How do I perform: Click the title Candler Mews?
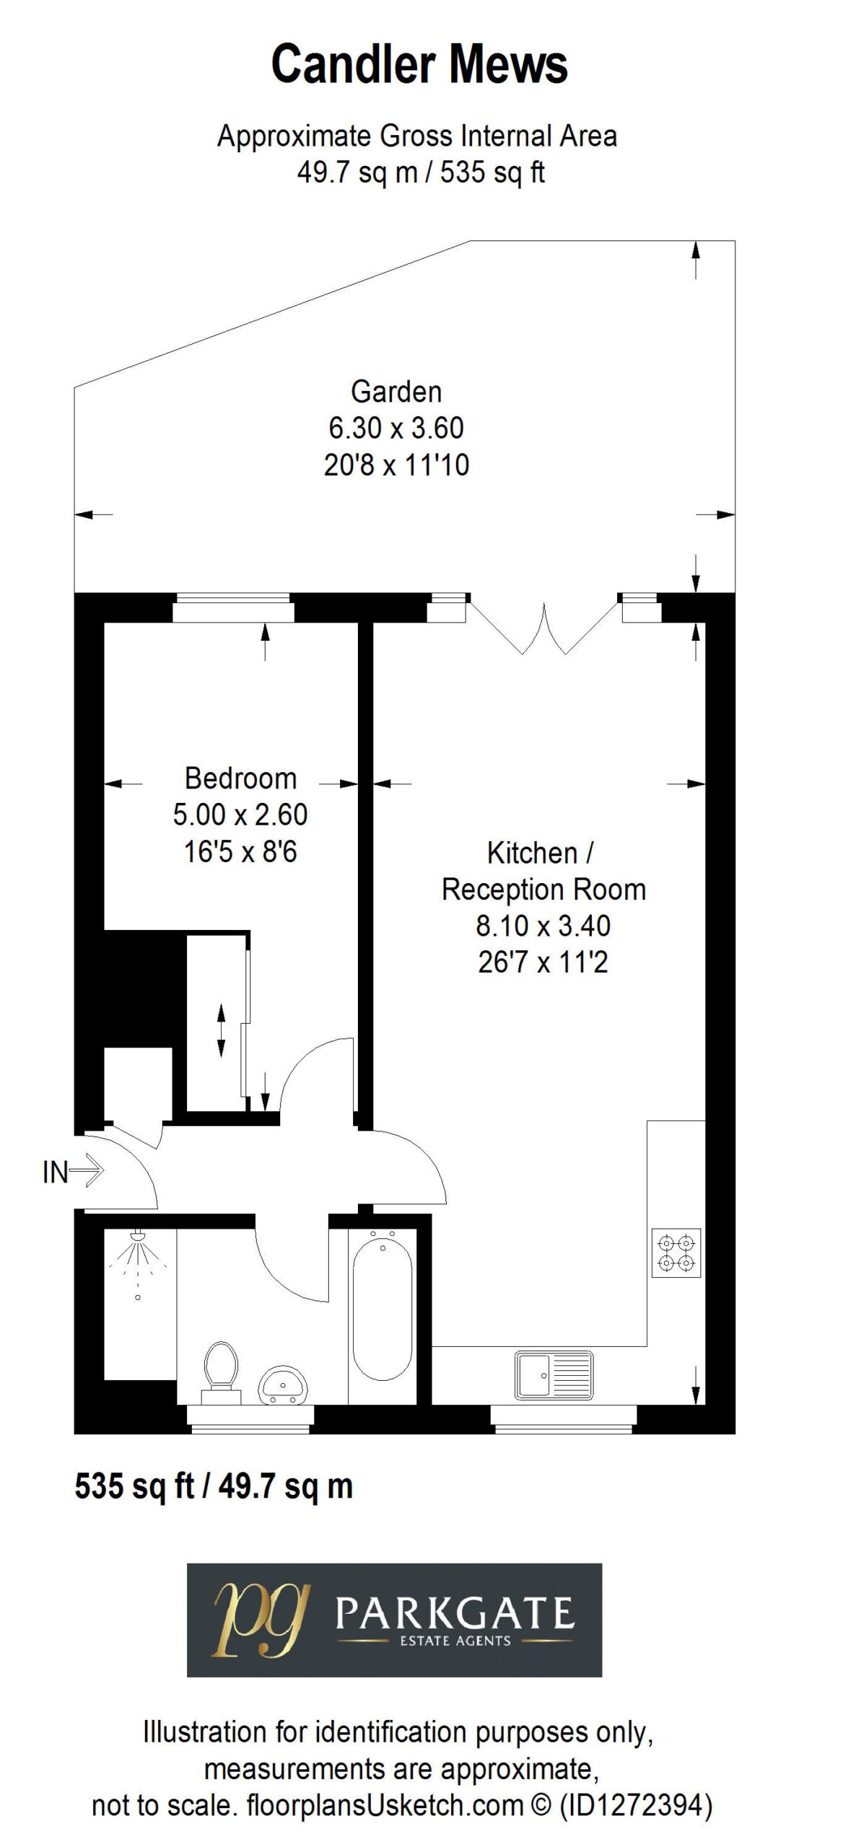419,64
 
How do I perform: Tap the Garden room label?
396,392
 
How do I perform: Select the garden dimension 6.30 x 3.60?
396,429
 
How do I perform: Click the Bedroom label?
240,778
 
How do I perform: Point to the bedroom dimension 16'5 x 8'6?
240,852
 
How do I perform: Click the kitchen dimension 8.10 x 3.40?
543,926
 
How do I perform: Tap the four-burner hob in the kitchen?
676,1252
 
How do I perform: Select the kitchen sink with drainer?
554,1375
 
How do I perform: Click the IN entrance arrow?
74,1170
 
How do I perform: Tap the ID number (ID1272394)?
635,1805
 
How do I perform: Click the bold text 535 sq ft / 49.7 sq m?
214,1486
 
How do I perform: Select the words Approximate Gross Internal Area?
417,136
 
